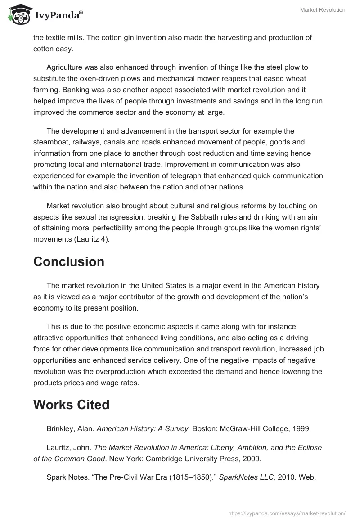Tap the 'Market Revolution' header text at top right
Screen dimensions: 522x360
(323, 10)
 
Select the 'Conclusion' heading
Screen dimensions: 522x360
(68, 261)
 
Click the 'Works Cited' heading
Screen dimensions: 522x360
(71, 405)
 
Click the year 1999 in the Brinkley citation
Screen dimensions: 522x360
(302, 428)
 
